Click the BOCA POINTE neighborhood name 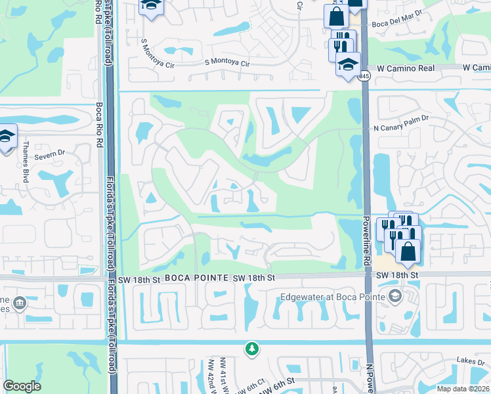pos(195,278)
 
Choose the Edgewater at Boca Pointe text pos(332,296)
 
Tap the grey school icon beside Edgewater pos(395,296)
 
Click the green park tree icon pos(251,349)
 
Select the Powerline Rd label pos(366,243)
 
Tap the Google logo pos(22,386)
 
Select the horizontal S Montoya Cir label pos(227,64)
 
